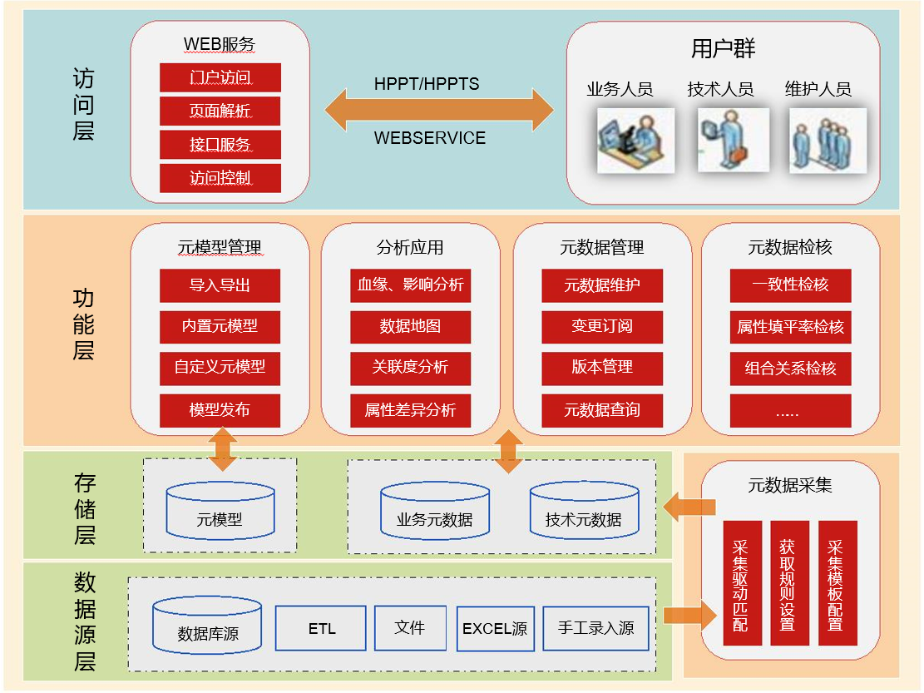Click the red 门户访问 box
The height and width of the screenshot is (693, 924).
tap(220, 78)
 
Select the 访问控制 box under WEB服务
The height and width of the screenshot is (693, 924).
tap(220, 178)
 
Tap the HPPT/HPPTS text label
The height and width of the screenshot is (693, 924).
tap(427, 84)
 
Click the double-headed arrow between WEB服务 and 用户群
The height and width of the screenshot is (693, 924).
tap(438, 110)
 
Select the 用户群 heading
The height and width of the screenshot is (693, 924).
tap(723, 48)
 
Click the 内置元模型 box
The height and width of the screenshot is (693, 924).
tap(220, 326)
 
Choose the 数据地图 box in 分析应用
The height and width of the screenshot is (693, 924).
tap(410, 326)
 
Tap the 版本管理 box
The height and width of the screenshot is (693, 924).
tap(602, 367)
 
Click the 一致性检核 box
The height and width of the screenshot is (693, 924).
tap(790, 285)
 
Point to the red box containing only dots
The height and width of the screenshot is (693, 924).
tap(790, 411)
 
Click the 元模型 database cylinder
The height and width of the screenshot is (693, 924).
tap(220, 509)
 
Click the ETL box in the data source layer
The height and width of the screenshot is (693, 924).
tap(321, 628)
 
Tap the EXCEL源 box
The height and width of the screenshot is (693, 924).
tap(495, 629)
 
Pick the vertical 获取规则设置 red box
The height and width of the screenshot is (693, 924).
tap(787, 583)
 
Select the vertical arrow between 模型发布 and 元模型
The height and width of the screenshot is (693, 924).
tap(222, 448)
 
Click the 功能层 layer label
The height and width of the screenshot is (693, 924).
tap(83, 324)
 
